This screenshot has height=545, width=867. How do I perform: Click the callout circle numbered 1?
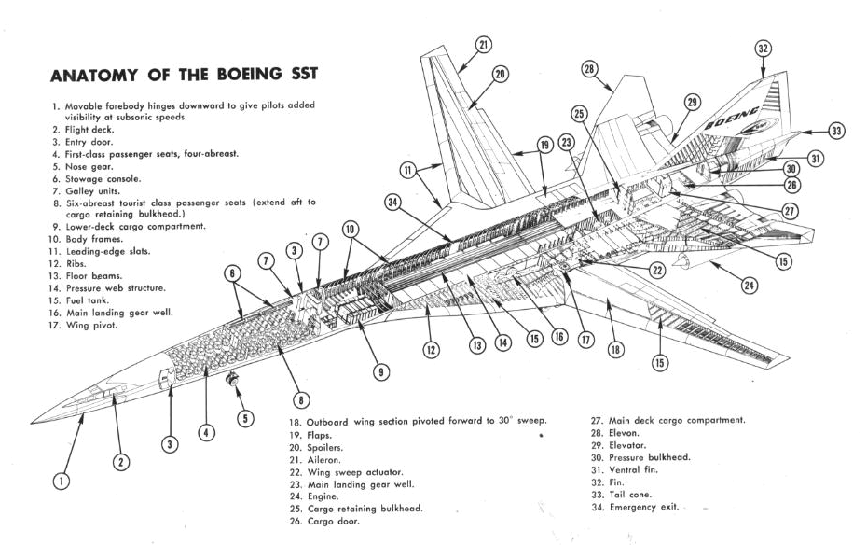tap(61, 482)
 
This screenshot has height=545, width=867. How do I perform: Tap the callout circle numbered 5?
tap(245, 419)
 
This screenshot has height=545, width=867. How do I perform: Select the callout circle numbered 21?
tap(482, 44)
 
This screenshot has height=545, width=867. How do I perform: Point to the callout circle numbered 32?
tap(764, 48)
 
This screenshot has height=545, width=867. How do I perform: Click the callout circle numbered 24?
tap(749, 286)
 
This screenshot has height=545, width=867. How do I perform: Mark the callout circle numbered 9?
tap(381, 371)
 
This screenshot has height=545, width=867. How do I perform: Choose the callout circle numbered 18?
tap(615, 349)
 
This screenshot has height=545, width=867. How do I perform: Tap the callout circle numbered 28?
tap(589, 68)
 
